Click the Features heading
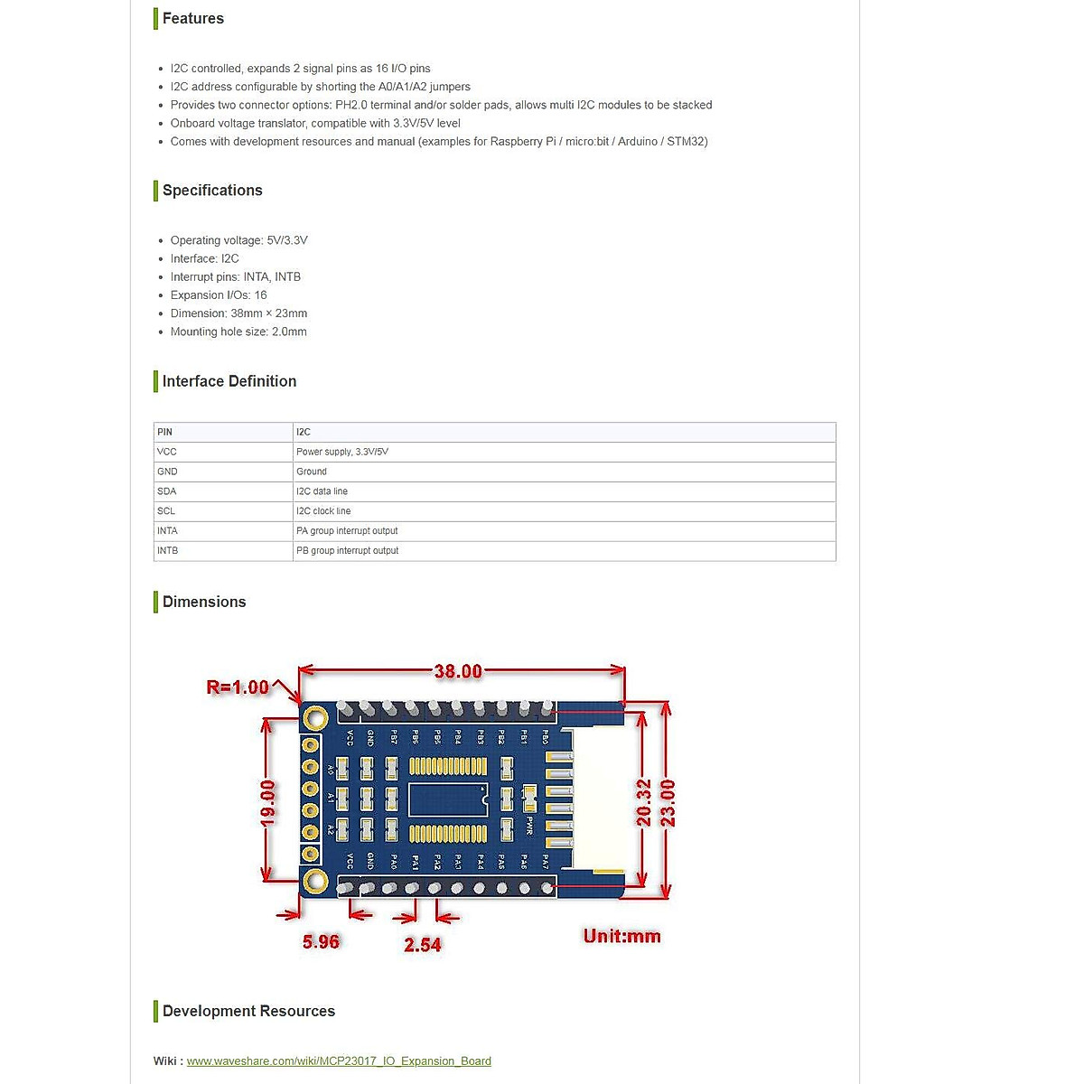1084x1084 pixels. point(192,18)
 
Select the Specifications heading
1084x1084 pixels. point(212,191)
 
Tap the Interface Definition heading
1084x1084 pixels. point(229,381)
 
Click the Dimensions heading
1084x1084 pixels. point(203,602)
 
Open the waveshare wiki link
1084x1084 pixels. point(339,1061)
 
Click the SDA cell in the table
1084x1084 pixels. point(167,491)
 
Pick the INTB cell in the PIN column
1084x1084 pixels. point(168,550)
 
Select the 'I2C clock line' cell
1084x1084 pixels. point(323,511)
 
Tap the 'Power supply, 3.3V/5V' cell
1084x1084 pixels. point(342,452)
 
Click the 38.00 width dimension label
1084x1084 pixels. point(458,671)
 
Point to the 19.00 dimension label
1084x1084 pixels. point(267,802)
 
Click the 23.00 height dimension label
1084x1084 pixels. point(668,802)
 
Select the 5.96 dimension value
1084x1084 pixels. point(321,941)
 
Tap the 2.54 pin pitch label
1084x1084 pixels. point(423,945)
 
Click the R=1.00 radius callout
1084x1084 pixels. point(238,687)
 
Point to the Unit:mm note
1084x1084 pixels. point(621,936)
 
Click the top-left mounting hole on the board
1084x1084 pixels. point(315,718)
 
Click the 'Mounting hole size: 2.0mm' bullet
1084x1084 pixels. point(238,332)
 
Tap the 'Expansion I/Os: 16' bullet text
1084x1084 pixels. point(219,295)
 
